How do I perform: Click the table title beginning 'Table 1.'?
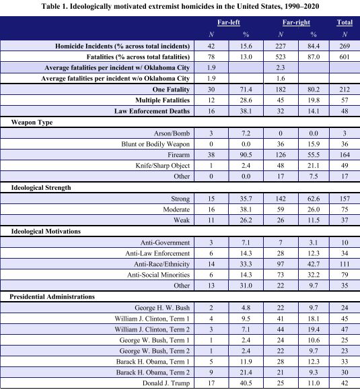[x=180, y=6]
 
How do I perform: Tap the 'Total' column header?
[x=344, y=22]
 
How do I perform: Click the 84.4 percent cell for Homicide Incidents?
[x=313, y=44]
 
